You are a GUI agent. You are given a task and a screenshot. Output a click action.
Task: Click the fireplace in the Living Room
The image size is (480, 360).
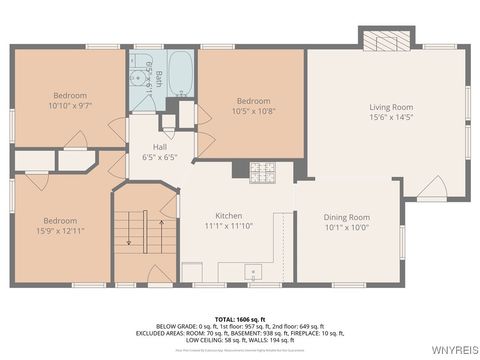click(x=386, y=41)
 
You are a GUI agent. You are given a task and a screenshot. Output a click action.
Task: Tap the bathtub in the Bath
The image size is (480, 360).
click(x=181, y=72)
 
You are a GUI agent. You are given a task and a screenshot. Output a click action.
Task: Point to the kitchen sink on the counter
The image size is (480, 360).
click(x=254, y=269)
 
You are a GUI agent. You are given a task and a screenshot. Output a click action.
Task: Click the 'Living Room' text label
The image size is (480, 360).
click(x=391, y=107)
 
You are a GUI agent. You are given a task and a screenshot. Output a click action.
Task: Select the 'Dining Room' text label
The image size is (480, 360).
click(x=346, y=217)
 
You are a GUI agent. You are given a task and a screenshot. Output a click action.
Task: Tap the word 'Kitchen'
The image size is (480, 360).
click(x=230, y=216)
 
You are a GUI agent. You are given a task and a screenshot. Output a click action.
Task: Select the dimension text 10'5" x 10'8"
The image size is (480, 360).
click(x=254, y=111)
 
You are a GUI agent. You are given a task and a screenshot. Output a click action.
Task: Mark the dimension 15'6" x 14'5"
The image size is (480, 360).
click(x=391, y=118)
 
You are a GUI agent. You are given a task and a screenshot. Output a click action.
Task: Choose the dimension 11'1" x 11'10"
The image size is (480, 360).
click(x=230, y=227)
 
